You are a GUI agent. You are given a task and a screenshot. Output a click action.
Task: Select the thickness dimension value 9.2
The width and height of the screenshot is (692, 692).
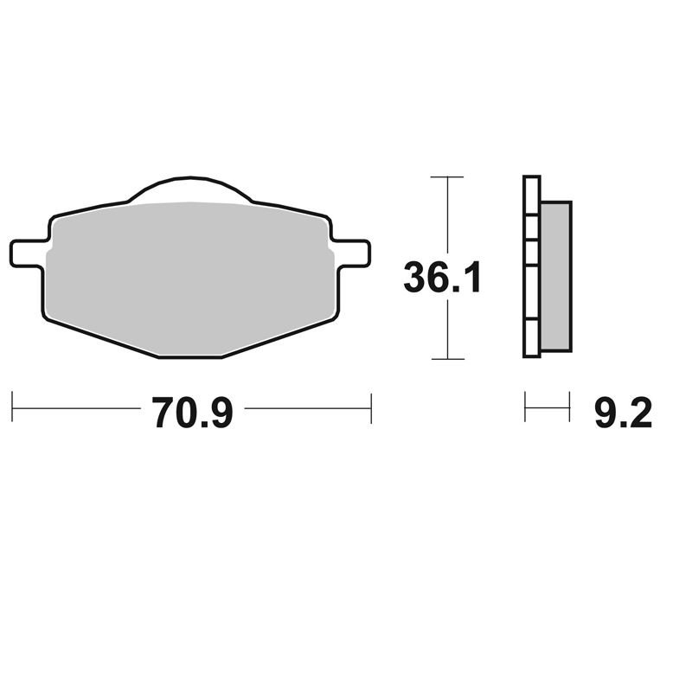[623, 414]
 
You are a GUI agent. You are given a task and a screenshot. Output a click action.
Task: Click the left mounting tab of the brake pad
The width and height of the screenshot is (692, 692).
[26, 253]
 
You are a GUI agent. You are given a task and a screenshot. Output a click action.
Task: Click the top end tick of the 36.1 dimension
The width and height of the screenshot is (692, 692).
[446, 176]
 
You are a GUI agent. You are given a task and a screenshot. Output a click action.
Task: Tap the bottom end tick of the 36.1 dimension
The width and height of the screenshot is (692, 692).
[446, 358]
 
